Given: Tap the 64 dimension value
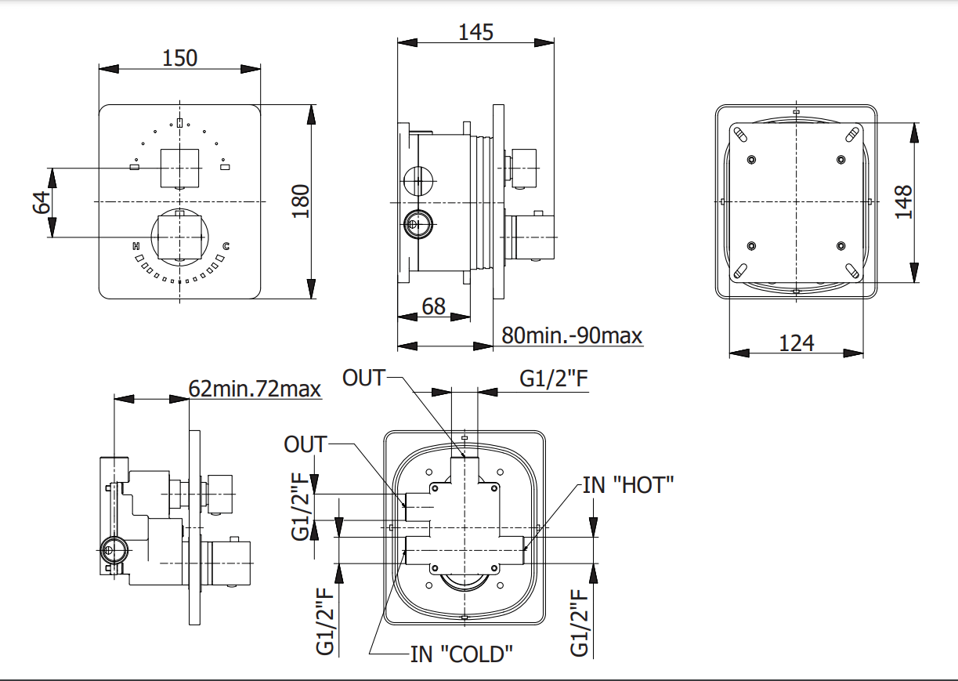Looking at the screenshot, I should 42,202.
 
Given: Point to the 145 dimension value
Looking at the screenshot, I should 475,31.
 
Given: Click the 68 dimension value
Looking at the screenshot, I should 433,306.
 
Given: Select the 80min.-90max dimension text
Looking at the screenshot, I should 572,335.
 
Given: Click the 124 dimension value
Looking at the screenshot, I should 797,342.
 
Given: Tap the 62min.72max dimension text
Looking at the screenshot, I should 255,388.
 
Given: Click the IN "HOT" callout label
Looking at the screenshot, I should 628,484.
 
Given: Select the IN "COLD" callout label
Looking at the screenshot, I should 461,653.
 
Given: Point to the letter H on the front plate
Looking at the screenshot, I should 136,247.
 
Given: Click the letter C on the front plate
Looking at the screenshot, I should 226,247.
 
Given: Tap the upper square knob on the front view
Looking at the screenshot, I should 180,168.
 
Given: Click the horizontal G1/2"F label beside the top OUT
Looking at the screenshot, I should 554,379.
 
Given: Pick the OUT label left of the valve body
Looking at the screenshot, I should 305,444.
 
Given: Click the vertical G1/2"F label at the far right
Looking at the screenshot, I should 579,623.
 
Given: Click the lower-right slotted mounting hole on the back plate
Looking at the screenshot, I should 852,271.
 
